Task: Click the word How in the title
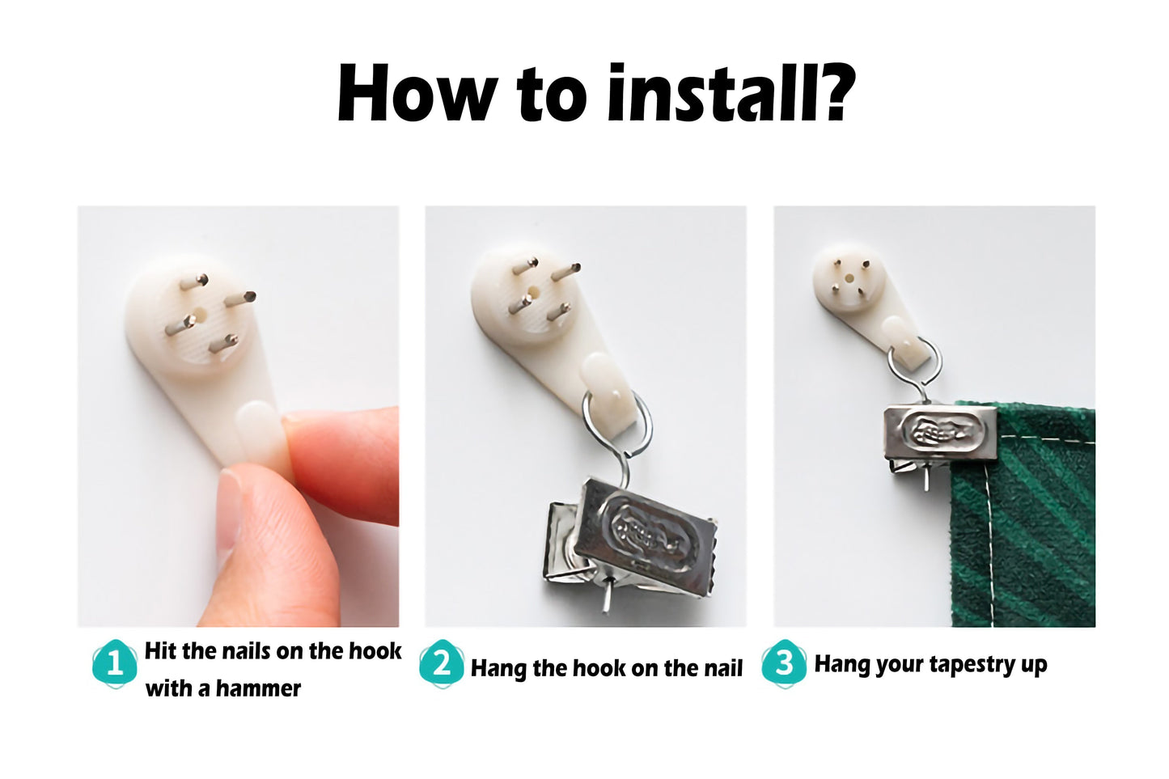click(x=413, y=93)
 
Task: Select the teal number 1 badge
click(x=115, y=665)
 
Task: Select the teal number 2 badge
click(x=442, y=665)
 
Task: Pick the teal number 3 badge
click(x=784, y=665)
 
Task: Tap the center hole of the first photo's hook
click(x=199, y=315)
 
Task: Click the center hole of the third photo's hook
click(x=849, y=278)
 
